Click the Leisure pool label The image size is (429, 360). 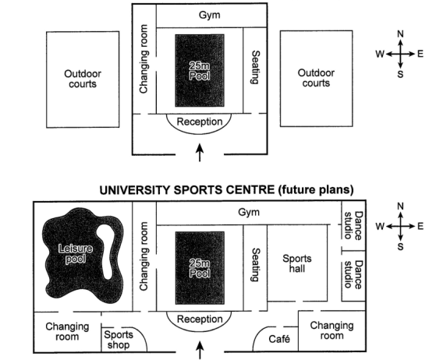76,254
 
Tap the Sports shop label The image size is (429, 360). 119,340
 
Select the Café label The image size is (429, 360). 279,339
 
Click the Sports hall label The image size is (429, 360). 297,263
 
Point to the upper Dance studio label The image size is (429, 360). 353,225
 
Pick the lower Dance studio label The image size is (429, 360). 353,274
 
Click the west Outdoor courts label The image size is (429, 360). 83,79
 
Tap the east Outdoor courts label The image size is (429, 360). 316,78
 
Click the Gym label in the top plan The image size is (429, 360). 209,15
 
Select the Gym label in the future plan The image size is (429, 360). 249,212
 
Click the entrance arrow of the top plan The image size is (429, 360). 200,153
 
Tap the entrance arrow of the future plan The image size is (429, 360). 200,350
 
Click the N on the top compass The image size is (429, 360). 400,34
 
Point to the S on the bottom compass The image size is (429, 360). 400,246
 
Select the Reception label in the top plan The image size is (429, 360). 200,122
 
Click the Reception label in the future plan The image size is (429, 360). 200,319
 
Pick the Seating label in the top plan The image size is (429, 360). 255,67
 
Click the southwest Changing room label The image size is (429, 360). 67,331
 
